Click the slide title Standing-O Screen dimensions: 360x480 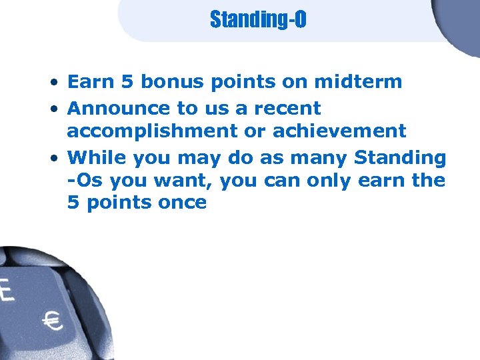(258, 19)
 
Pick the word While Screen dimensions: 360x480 (97, 158)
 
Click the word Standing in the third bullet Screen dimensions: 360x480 (400, 158)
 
